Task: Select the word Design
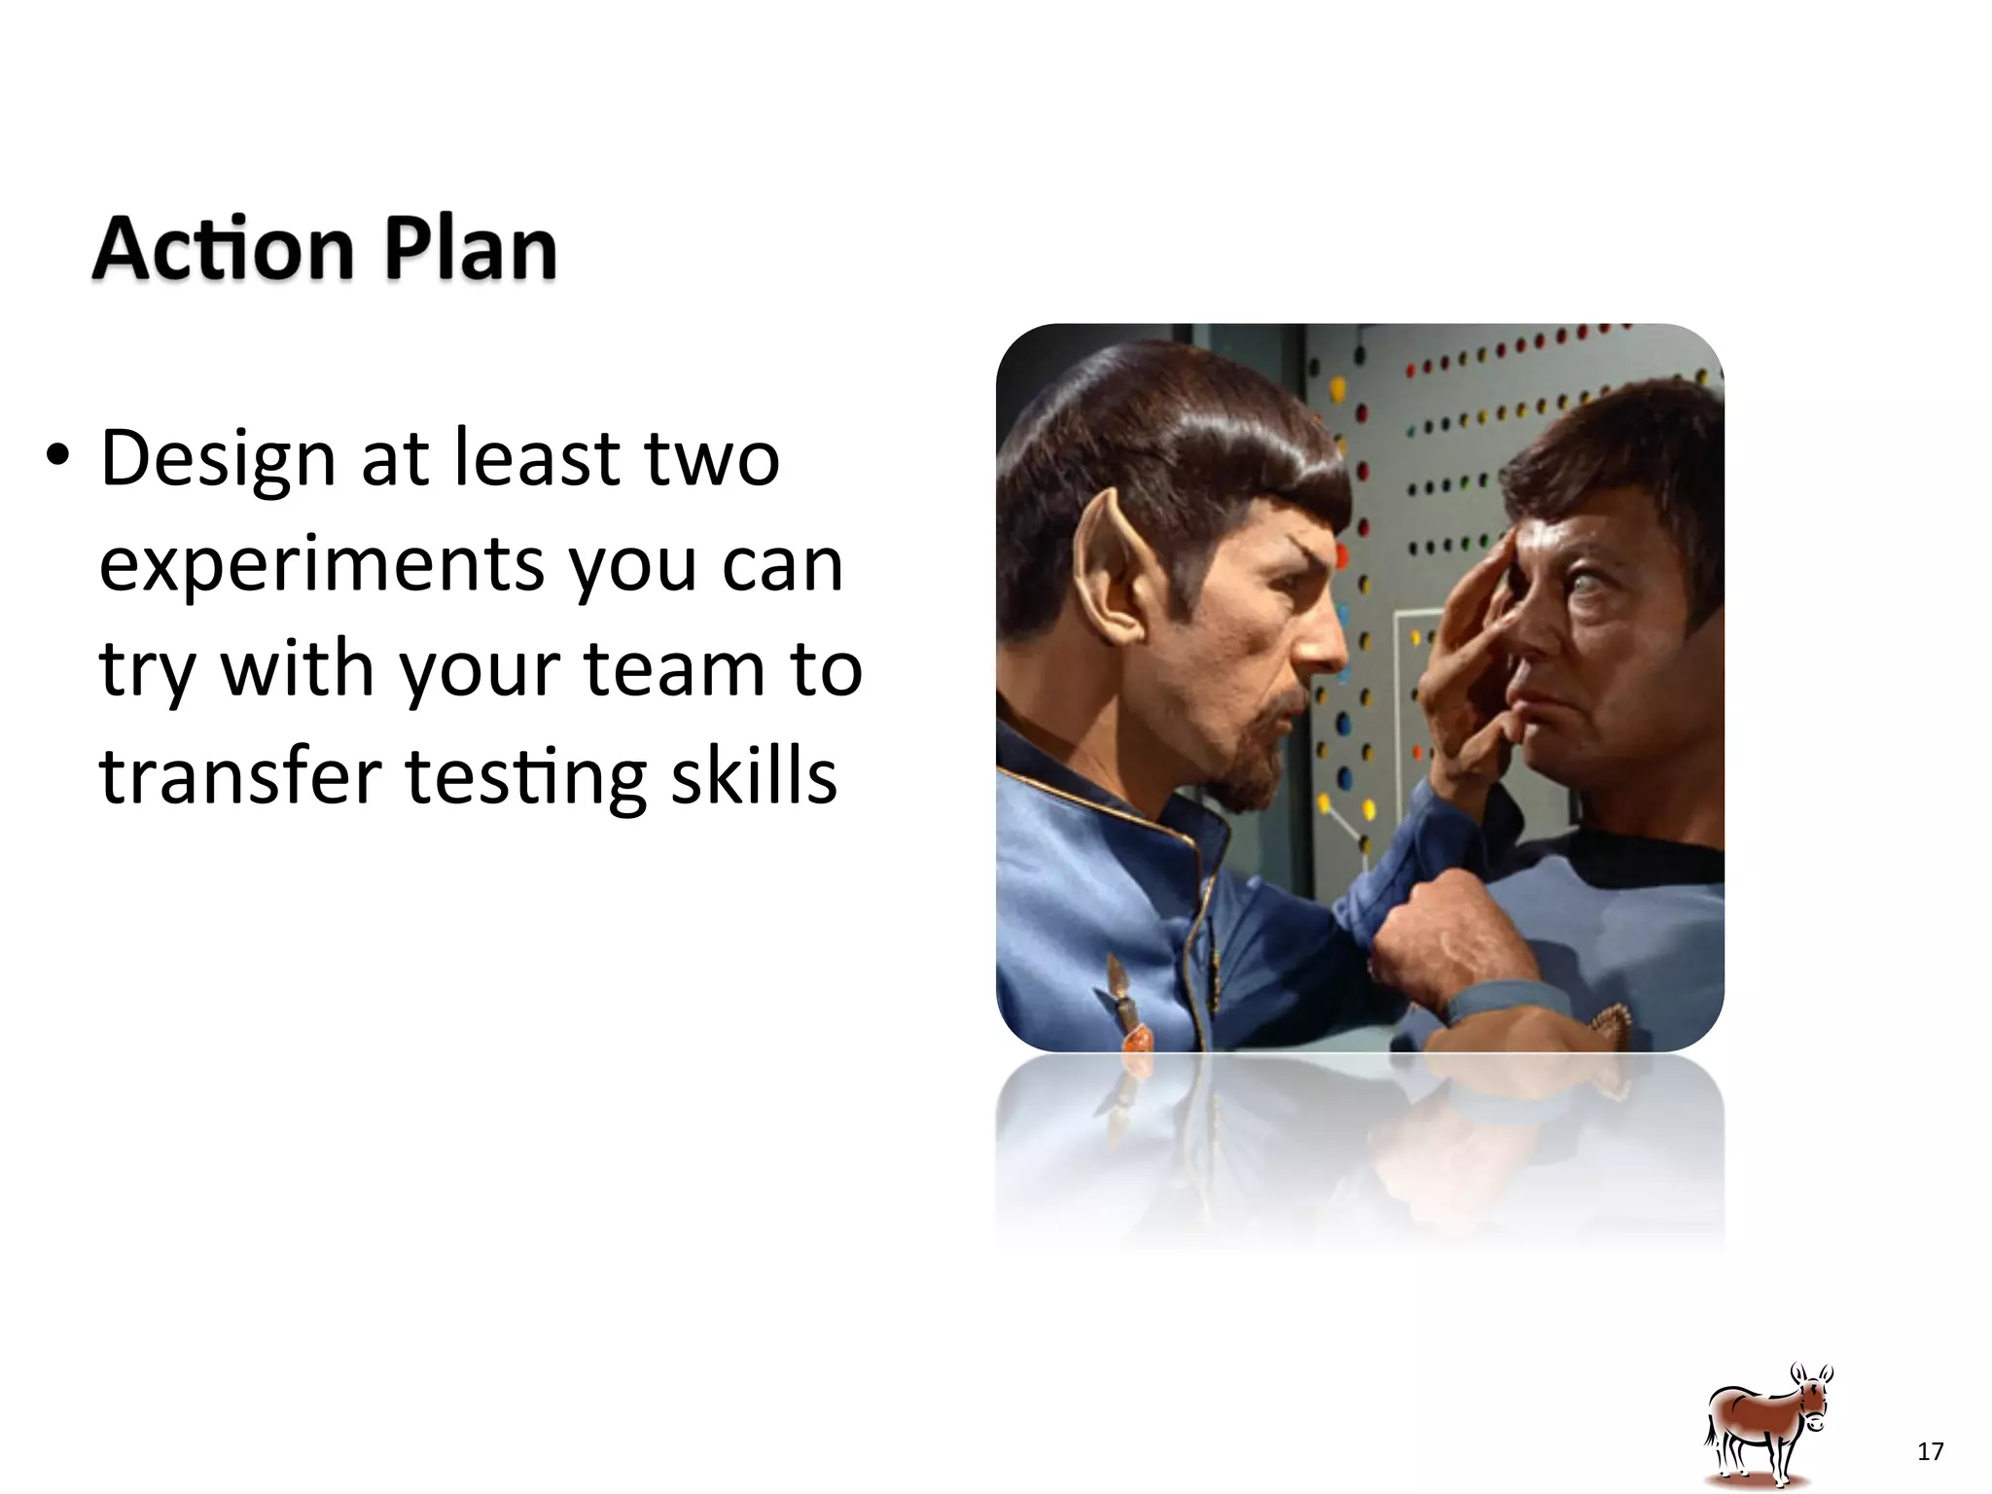point(218,459)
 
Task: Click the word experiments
point(321,566)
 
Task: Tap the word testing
point(525,778)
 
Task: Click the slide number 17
point(1930,1452)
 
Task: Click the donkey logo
point(1768,1426)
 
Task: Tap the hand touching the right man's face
point(1469,671)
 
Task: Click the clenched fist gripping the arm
point(1440,934)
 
